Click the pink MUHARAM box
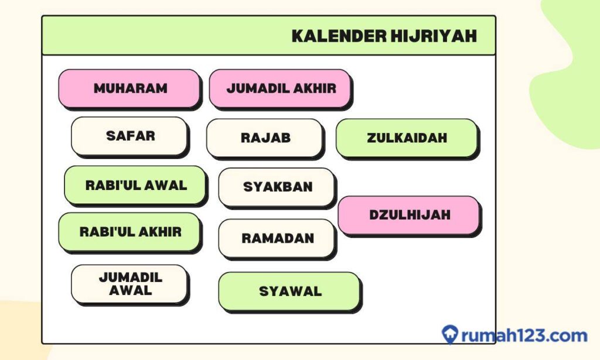pyautogui.click(x=129, y=89)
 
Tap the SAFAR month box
pyautogui.click(x=129, y=136)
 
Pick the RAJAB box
pyautogui.click(x=265, y=138)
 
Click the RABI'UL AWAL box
pyautogui.click(x=135, y=185)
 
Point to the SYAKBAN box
pyautogui.click(x=277, y=187)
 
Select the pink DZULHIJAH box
pyautogui.click(x=409, y=215)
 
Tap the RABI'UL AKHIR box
pyautogui.click(x=129, y=232)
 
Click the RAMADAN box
pyautogui.click(x=277, y=239)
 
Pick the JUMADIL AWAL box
pyautogui.click(x=129, y=284)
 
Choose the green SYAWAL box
pyautogui.click(x=289, y=291)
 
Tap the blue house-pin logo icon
pyautogui.click(x=449, y=335)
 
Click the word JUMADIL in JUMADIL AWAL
pyautogui.click(x=130, y=277)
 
